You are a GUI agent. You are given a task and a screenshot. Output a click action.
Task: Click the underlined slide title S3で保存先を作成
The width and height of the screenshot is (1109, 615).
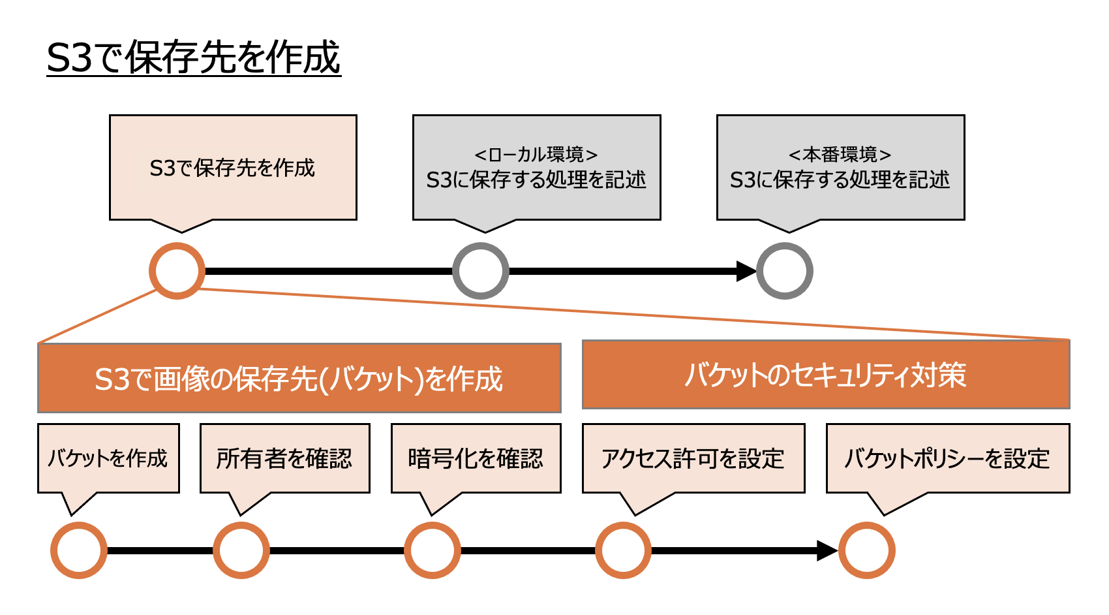194,57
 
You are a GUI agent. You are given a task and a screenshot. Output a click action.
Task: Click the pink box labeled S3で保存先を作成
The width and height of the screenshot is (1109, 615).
233,168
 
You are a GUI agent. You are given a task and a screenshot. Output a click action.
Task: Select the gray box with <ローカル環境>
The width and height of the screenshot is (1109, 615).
536,168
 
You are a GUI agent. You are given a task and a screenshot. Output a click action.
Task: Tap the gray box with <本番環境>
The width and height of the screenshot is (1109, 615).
840,168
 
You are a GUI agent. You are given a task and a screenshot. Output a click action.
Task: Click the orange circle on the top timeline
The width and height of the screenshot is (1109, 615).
177,271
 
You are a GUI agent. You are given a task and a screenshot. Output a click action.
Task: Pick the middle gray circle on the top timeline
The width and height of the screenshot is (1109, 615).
481,271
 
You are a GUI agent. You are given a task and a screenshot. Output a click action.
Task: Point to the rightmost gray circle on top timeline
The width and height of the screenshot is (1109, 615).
785,271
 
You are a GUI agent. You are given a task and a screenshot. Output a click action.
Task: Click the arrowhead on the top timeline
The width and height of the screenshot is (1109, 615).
746,271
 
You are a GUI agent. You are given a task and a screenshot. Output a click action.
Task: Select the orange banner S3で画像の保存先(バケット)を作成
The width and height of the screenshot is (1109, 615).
299,378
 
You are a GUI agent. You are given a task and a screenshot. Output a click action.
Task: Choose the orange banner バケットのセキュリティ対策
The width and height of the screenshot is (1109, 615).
826,375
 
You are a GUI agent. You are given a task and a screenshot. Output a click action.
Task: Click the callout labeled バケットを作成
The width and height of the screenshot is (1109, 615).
108,458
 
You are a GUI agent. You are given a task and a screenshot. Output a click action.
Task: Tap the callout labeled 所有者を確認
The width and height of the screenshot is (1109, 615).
285,458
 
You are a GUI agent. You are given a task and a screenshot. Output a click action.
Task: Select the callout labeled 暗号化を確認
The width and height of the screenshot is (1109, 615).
476,458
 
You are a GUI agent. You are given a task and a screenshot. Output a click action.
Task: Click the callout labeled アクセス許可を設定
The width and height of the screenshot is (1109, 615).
693,458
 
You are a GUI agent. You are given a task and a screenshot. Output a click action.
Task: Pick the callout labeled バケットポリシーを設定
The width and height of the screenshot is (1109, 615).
948,458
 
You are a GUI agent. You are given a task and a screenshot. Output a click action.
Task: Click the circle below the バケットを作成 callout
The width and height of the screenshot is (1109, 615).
79,550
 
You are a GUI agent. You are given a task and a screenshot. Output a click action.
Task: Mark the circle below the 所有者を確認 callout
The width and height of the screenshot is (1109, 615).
241,550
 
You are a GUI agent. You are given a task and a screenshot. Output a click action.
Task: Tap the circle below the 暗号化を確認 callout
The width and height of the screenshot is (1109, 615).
433,550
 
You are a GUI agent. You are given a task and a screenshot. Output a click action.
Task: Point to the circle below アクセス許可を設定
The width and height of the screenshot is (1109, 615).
624,550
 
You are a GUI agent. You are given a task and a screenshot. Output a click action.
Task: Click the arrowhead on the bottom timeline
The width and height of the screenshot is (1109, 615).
827,550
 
